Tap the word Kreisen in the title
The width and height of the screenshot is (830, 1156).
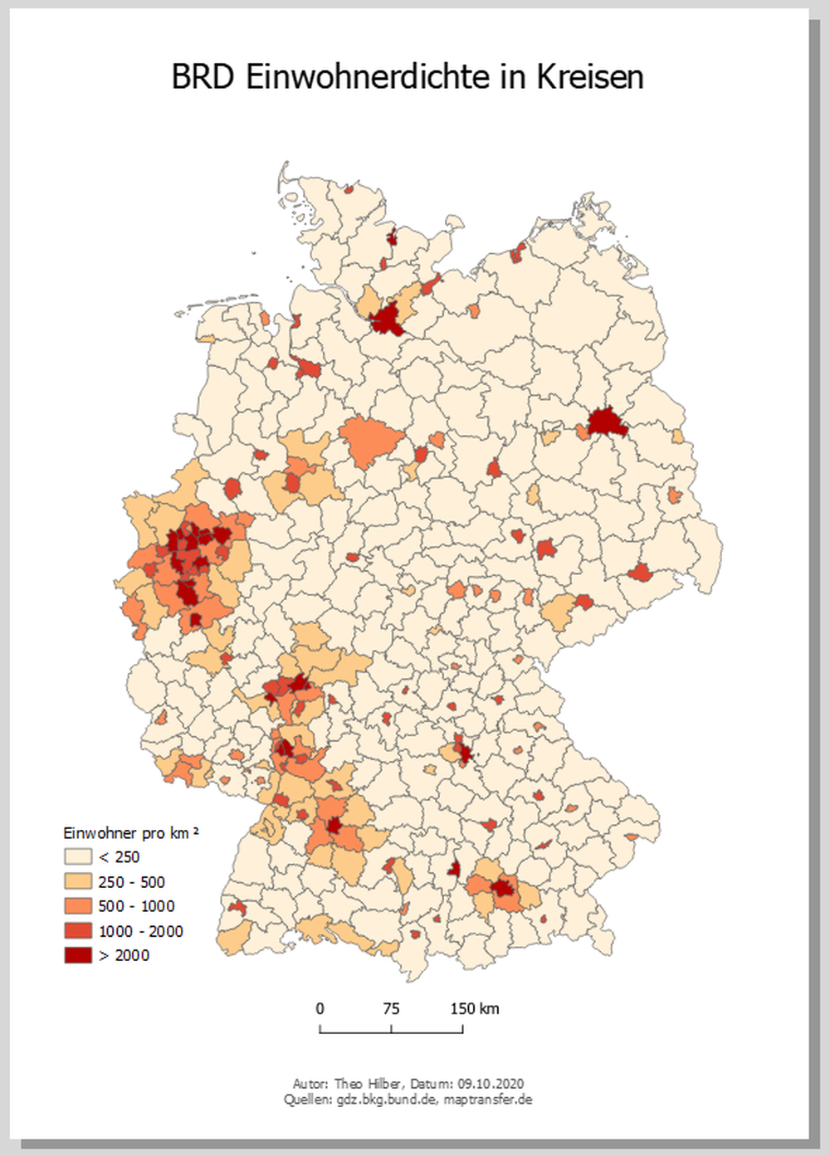[x=589, y=77]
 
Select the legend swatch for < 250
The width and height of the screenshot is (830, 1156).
[x=78, y=856]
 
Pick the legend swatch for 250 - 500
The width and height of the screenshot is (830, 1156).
[x=78, y=881]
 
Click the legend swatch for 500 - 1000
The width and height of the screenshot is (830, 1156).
[x=78, y=906]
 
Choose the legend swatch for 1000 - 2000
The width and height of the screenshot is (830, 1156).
[x=78, y=931]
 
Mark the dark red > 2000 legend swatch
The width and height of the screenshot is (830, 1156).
[x=78, y=955]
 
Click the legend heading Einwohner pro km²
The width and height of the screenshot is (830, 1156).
[x=130, y=833]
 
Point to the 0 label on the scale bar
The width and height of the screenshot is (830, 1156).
[x=320, y=1009]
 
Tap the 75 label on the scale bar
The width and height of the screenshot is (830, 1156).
[x=391, y=1009]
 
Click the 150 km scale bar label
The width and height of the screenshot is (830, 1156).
[x=475, y=1009]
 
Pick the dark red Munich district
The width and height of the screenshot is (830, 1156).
[x=503, y=890]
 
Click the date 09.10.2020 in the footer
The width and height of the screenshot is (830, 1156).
[x=491, y=1084]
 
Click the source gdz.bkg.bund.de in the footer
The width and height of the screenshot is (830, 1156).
[x=386, y=1100]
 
